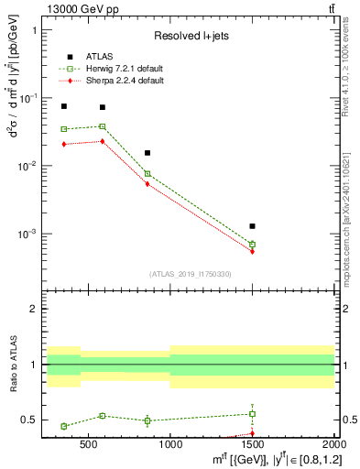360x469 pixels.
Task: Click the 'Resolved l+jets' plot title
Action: tap(191, 36)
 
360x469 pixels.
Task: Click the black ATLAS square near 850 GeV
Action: tap(147, 153)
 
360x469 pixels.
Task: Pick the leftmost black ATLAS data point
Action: tap(64, 106)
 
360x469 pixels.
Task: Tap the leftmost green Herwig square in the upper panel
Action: tap(64, 129)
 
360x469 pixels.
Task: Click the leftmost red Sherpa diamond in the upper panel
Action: tap(64, 144)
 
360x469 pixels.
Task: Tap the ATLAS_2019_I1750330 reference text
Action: tap(191, 274)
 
